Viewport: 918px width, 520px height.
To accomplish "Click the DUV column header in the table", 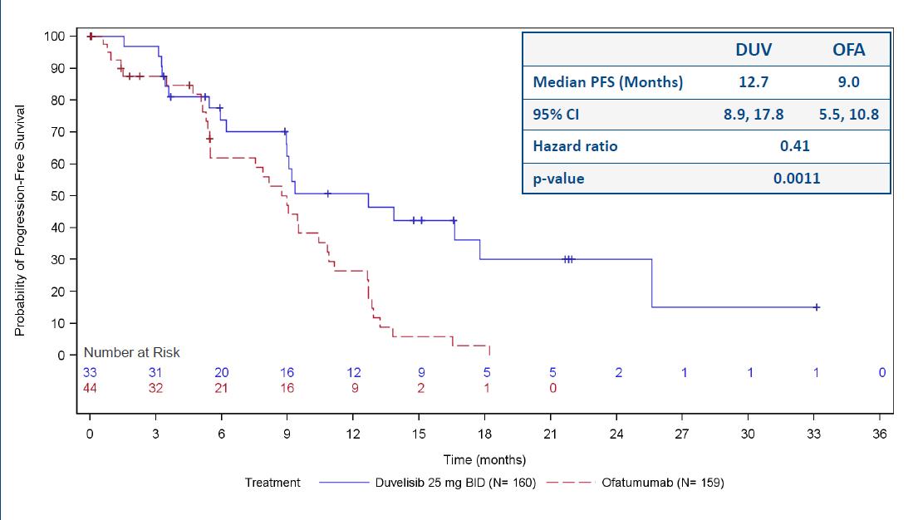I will (x=754, y=50).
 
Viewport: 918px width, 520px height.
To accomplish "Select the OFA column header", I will (x=848, y=50).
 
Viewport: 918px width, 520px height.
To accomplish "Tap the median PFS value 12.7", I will (x=754, y=82).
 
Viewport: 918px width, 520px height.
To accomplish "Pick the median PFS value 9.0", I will (x=848, y=82).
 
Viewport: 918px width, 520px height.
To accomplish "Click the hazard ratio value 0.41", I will (x=794, y=146).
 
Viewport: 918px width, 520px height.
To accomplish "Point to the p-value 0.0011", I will (x=796, y=179).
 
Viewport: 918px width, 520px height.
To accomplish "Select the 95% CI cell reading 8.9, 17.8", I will (x=754, y=115).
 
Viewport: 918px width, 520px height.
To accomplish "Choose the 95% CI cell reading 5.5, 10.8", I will (x=848, y=115).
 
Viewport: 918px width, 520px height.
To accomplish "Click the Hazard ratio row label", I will (x=575, y=146).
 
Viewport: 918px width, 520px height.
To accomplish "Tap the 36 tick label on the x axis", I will (x=881, y=434).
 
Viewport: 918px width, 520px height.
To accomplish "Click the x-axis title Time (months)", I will (x=484, y=459).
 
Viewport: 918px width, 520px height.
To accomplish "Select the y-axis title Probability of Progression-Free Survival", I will (x=20, y=220).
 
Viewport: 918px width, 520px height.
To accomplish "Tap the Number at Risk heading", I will (x=131, y=352).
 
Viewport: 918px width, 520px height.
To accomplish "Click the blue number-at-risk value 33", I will (x=90, y=373).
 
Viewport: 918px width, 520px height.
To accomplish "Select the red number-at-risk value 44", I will (x=90, y=387).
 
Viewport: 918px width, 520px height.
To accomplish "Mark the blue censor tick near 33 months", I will (x=817, y=307).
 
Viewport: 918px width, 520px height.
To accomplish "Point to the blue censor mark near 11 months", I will (x=328, y=194).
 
